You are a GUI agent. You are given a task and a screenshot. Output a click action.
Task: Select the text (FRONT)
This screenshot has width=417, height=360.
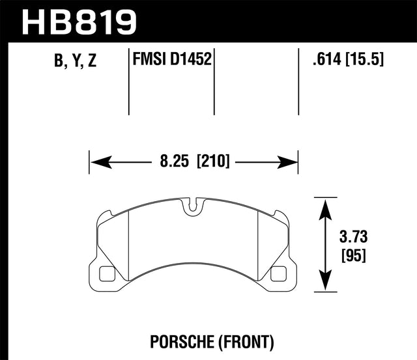(x=247, y=340)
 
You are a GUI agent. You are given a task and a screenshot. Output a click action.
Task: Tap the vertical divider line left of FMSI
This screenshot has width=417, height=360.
(x=129, y=81)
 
